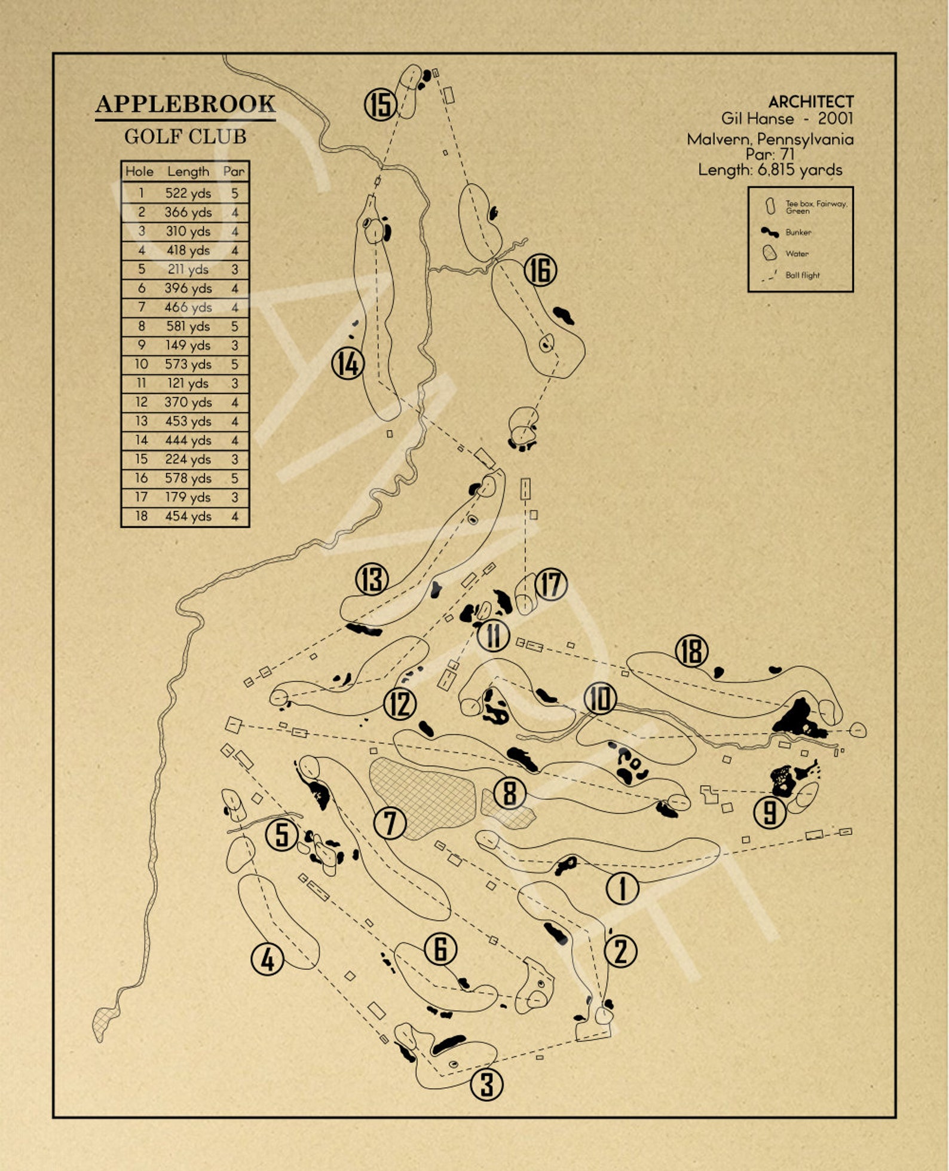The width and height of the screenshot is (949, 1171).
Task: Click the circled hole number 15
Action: point(381,104)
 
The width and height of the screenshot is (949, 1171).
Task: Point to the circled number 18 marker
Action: point(691,651)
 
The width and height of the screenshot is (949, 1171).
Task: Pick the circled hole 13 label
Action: point(372,579)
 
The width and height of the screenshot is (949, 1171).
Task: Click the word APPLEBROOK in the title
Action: point(185,104)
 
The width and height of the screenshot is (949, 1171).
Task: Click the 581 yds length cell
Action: point(188,327)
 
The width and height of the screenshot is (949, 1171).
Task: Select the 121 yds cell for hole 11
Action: point(188,383)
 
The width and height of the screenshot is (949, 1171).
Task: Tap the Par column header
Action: point(234,172)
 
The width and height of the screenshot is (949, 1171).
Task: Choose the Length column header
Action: point(188,172)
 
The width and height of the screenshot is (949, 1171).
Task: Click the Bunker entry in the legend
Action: point(798,232)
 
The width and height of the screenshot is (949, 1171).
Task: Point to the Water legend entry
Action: point(797,254)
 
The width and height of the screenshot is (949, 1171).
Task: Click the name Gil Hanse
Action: point(757,119)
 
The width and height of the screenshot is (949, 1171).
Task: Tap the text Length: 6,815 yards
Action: point(770,170)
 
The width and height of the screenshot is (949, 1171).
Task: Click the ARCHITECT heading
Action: point(810,102)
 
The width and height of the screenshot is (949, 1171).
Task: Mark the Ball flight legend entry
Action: point(802,275)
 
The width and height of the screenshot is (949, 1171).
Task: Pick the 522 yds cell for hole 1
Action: point(188,193)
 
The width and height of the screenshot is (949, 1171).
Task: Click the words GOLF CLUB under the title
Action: point(185,137)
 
